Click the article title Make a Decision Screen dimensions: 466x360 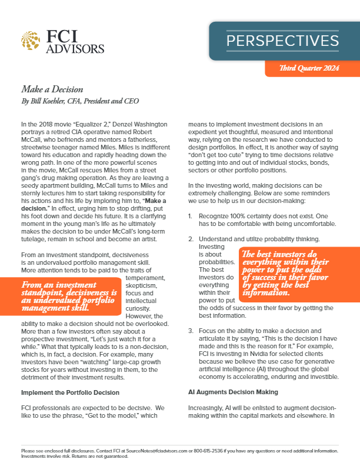coord(52,89)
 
